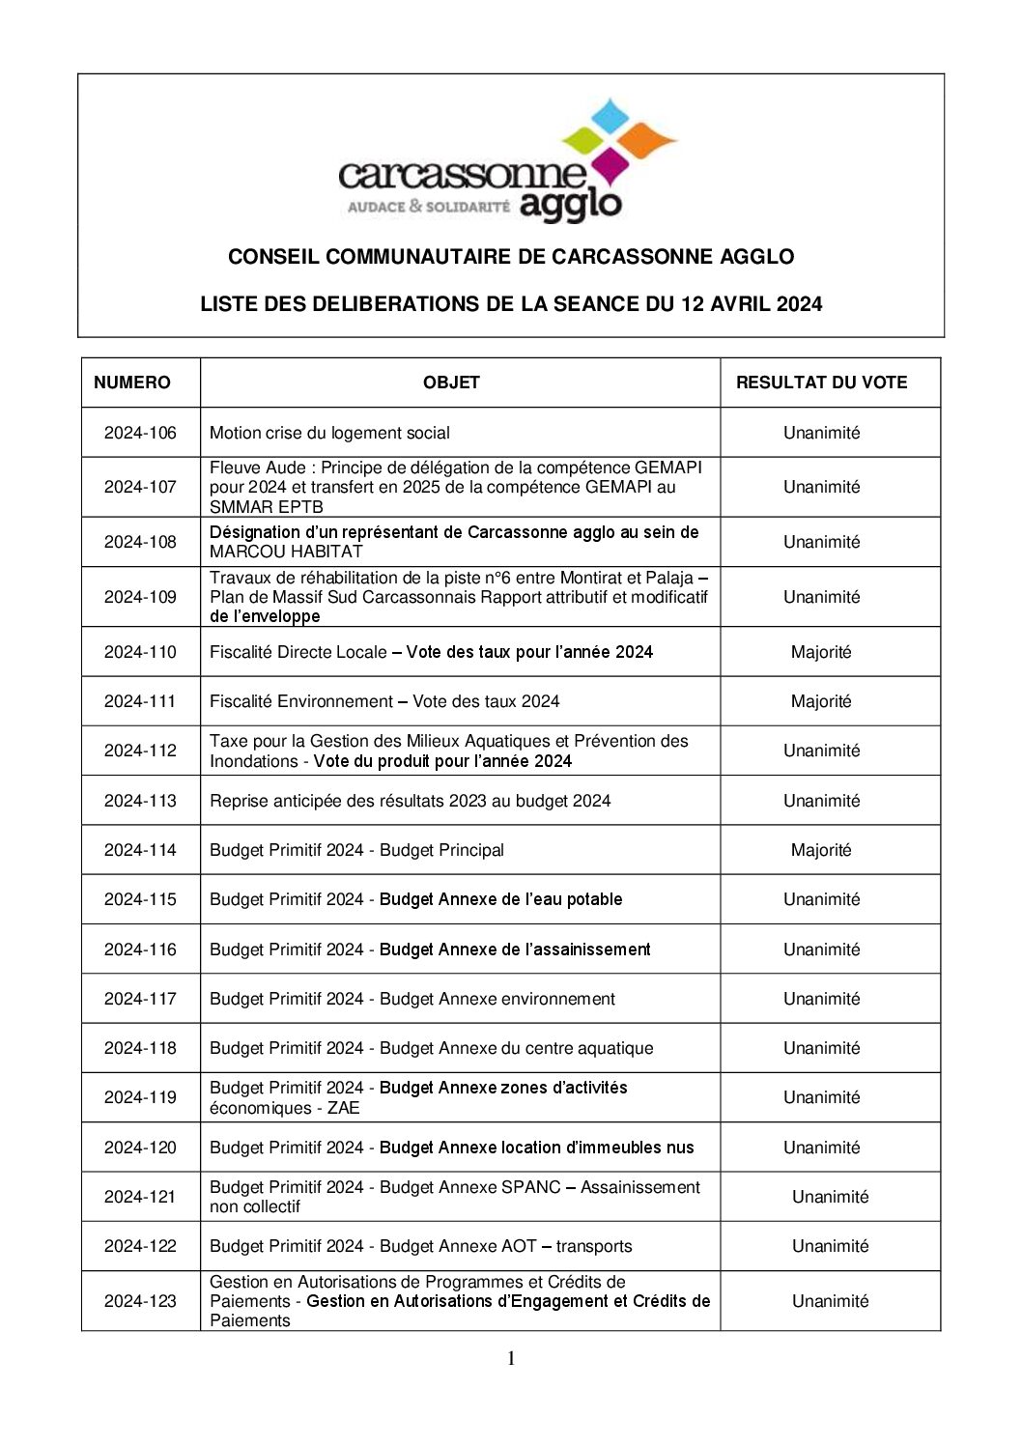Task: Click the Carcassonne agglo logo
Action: click(509, 161)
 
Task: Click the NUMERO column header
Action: click(131, 383)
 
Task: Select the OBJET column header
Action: click(451, 383)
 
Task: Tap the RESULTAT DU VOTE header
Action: click(821, 383)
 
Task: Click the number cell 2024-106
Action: click(140, 433)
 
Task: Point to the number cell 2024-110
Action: click(140, 652)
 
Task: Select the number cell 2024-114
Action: click(140, 850)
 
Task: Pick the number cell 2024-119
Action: click(140, 1097)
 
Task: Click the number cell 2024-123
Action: click(140, 1301)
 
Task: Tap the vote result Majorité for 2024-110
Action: click(821, 652)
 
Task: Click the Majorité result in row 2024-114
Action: click(821, 850)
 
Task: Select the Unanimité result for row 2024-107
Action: click(821, 487)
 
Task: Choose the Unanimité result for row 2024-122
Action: click(830, 1246)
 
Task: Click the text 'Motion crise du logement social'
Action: click(329, 433)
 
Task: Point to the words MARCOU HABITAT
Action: click(286, 552)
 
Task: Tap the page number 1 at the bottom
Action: click(511, 1359)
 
